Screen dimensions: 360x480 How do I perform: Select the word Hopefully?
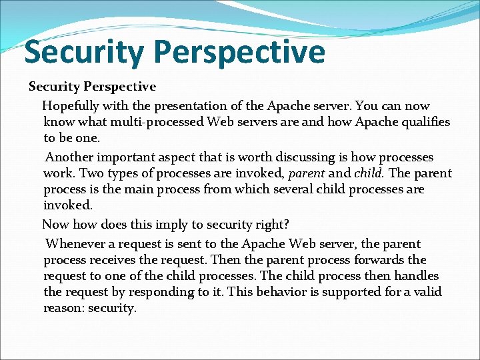(x=72, y=106)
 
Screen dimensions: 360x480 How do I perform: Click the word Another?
(x=69, y=157)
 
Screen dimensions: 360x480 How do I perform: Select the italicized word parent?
(x=307, y=173)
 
